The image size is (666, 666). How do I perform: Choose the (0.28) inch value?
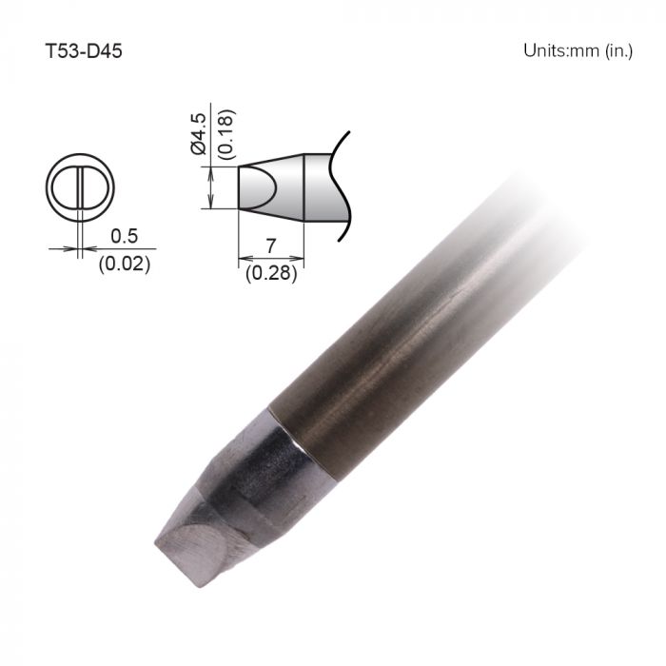271,274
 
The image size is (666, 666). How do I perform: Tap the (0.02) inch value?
124,264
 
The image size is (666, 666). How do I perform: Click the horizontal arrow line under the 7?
271,258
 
